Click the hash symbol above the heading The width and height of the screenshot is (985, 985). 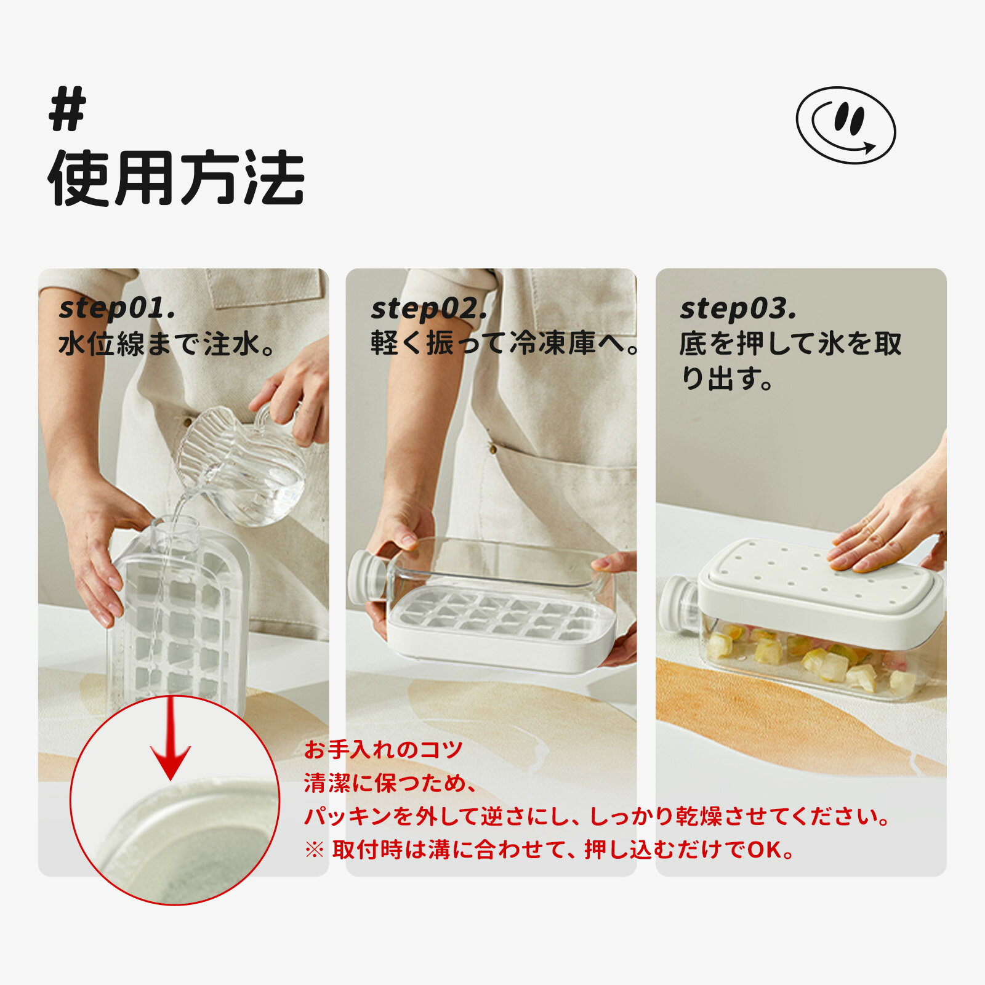[68, 108]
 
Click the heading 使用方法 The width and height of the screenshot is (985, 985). [177, 178]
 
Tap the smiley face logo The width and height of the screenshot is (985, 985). [846, 125]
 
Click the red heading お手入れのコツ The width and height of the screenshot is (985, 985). [383, 750]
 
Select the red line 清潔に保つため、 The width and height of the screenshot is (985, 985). [390, 783]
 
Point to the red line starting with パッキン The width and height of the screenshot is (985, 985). [597, 816]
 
